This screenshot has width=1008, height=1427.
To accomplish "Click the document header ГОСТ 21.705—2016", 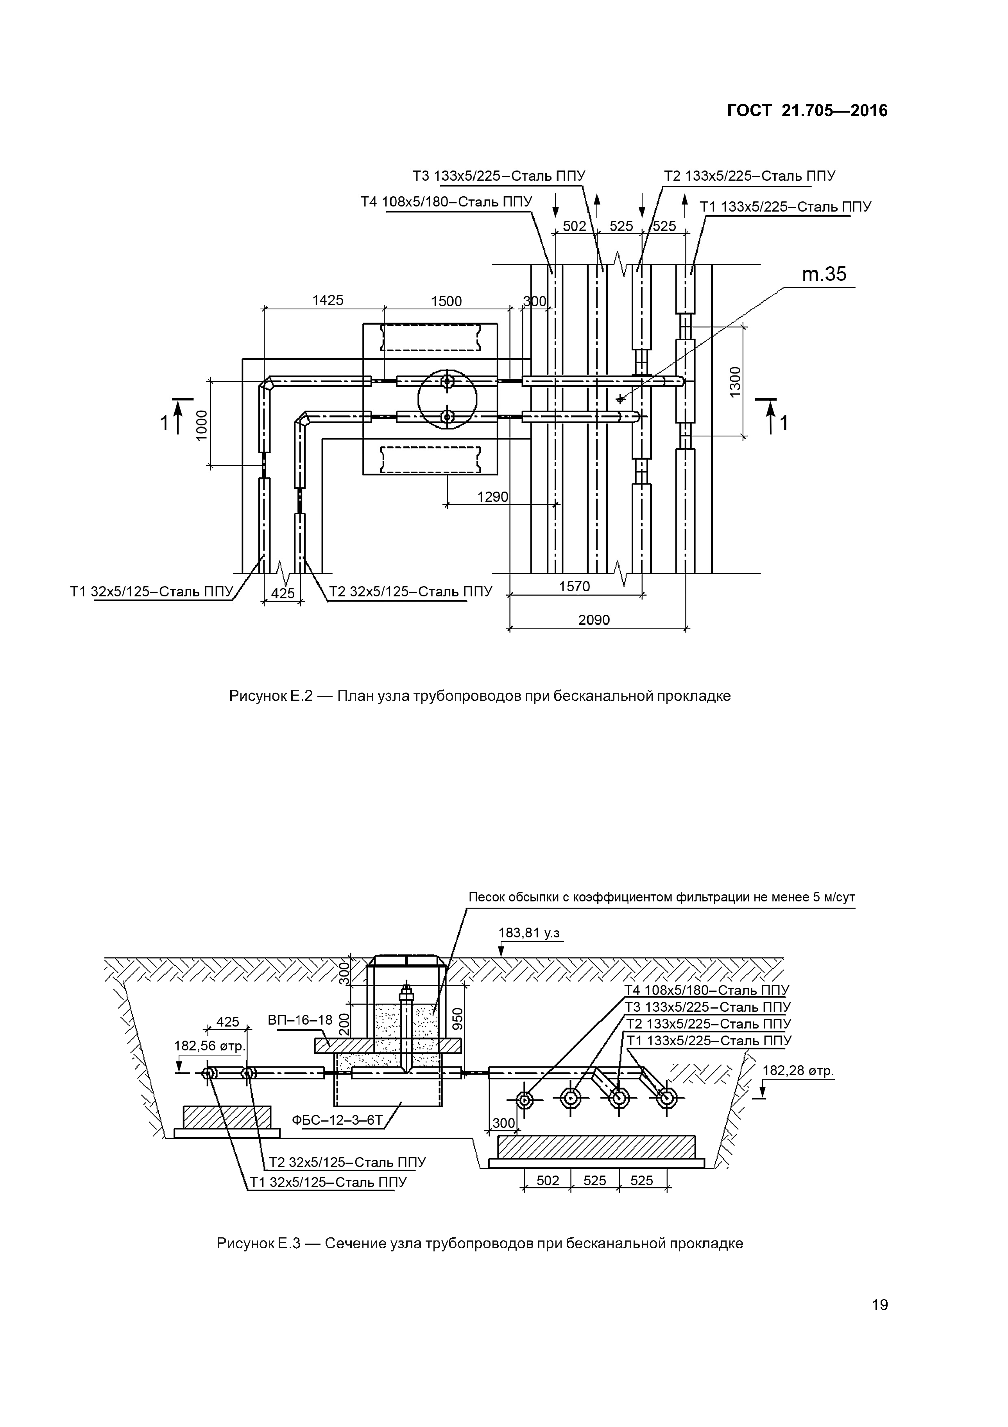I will point(807,111).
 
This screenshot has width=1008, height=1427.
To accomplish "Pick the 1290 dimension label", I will point(492,497).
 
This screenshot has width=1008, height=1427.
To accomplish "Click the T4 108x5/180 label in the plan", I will point(447,202).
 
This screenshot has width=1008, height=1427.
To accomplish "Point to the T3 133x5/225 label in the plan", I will point(499,176).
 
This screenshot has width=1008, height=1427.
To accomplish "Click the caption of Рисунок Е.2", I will point(480,696).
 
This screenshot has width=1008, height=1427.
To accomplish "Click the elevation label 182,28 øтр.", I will point(797,1070).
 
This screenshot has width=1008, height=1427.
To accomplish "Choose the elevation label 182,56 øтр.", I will point(210,1046).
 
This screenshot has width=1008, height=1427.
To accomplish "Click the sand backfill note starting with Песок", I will point(661,897).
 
